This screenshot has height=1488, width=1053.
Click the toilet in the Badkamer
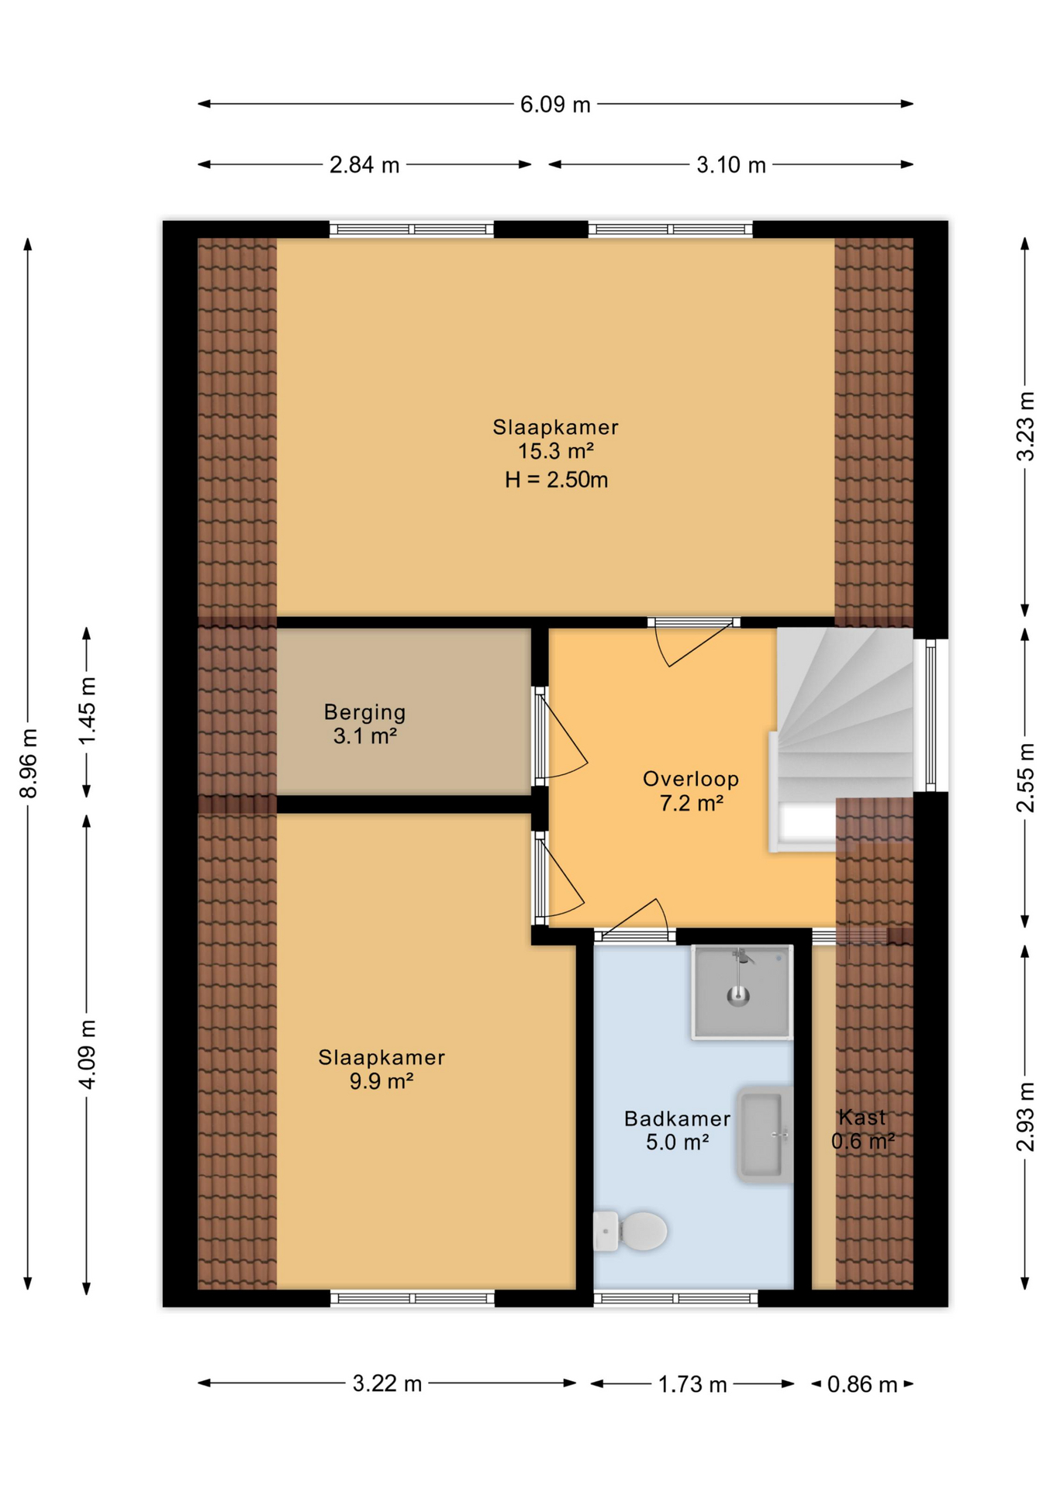(632, 1231)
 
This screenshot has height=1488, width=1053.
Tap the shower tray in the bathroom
(741, 993)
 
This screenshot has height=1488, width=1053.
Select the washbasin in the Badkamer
(765, 1134)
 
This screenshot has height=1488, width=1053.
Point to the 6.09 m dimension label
(554, 104)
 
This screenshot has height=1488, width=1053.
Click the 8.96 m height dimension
(29, 763)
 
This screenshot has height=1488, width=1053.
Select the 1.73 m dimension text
(692, 1384)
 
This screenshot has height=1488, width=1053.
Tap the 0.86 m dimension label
(861, 1384)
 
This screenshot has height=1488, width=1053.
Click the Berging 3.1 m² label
(364, 724)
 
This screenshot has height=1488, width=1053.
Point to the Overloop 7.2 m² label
(690, 791)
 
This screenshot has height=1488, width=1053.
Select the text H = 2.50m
(556, 480)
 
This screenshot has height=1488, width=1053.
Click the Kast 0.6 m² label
(862, 1129)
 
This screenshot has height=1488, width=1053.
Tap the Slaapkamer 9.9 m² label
(381, 1069)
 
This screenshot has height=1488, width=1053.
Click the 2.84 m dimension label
(364, 165)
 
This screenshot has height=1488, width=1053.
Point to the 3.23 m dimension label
(1025, 426)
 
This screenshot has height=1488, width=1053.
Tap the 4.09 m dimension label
(88, 1054)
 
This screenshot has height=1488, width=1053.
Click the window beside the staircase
(930, 714)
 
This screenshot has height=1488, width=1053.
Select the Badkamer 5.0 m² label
(677, 1130)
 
